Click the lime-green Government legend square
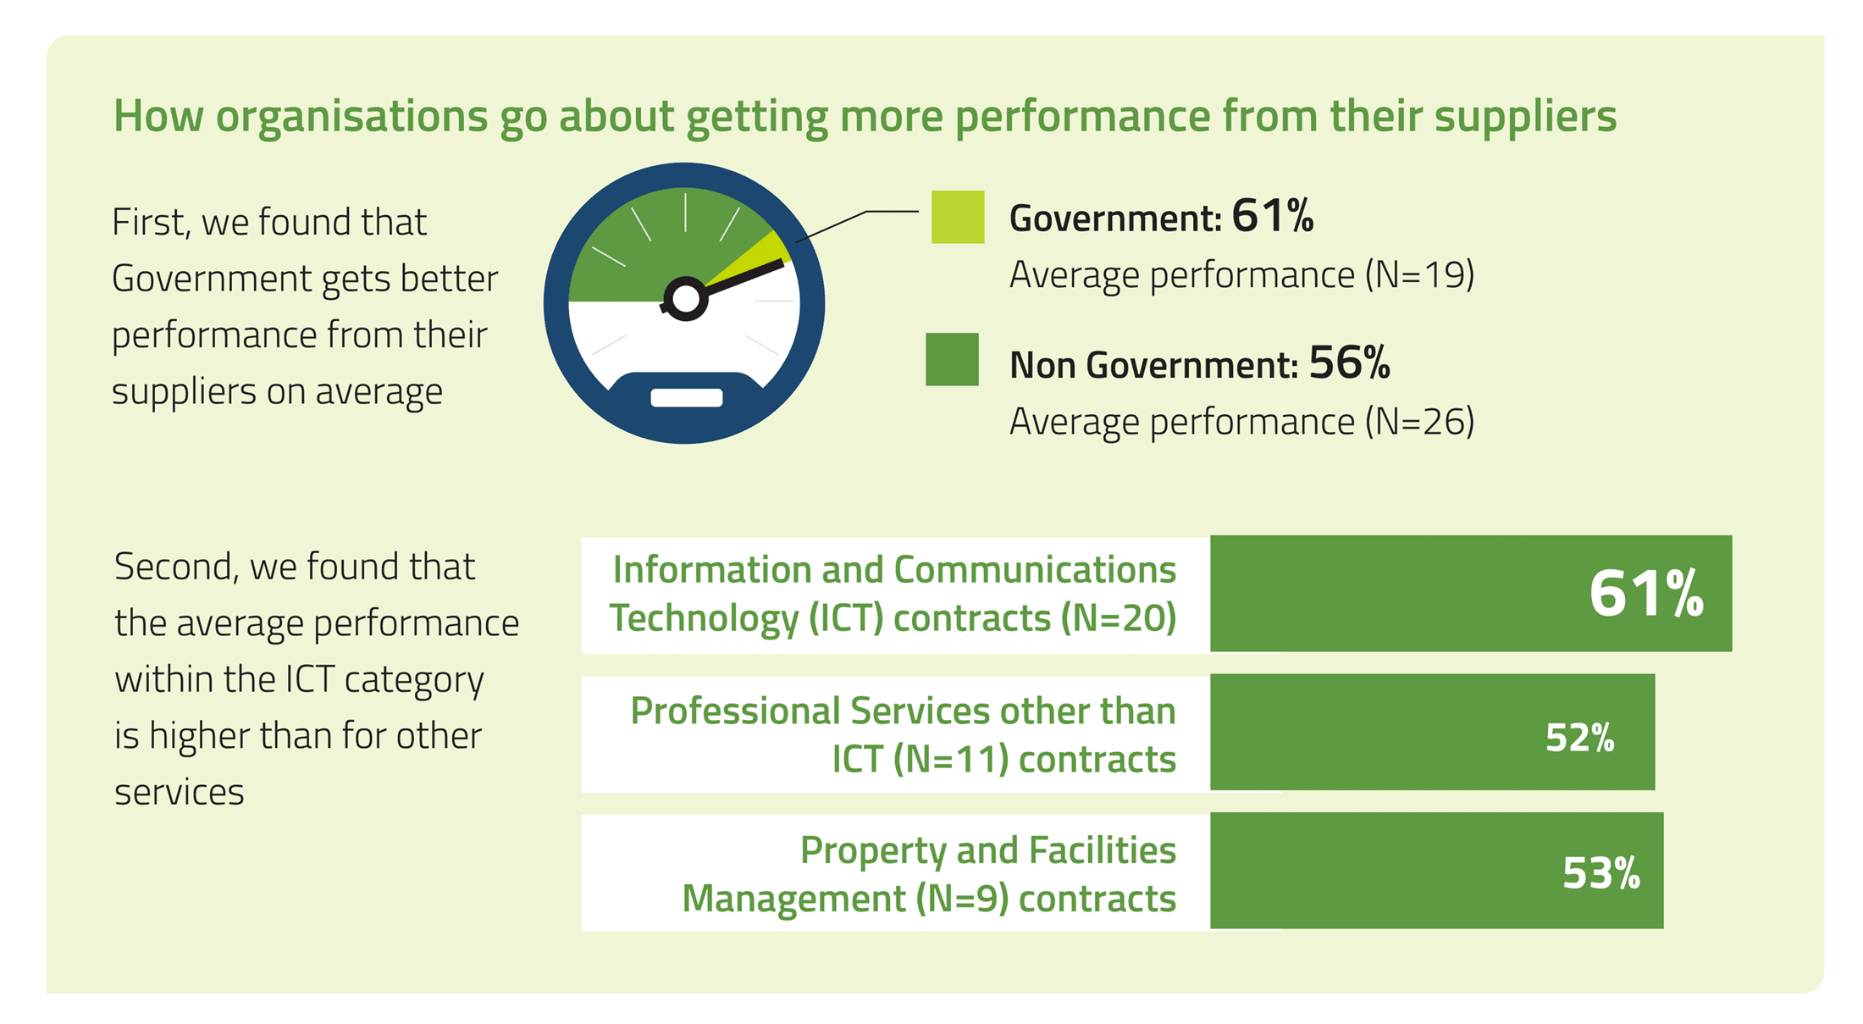tap(958, 217)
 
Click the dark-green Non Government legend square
tap(952, 359)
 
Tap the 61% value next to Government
tap(1272, 216)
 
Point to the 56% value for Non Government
tap(1349, 363)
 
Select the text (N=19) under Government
tap(1419, 275)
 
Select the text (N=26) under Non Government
tap(1419, 422)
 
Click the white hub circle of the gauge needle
tap(685, 299)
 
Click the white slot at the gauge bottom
tap(686, 398)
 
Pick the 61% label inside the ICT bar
tap(1645, 594)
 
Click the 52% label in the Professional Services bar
tap(1579, 738)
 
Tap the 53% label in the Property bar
tap(1600, 873)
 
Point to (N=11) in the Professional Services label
tap(951, 760)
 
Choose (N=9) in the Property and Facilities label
tap(962, 899)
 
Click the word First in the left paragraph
tap(148, 222)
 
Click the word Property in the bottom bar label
tap(872, 850)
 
